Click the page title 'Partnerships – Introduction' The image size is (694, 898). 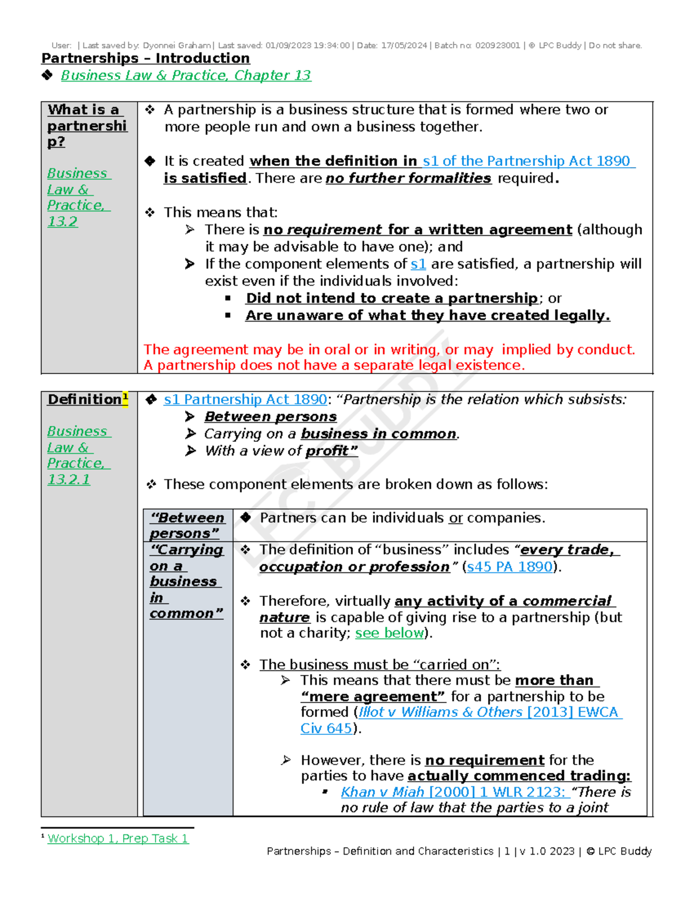145,58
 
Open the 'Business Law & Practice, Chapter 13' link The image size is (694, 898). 186,76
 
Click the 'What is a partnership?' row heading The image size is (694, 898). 87,125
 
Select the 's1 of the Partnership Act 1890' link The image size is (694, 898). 529,161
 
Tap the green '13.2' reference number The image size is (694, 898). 62,221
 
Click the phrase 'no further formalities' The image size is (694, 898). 408,179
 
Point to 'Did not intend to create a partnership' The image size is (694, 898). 392,298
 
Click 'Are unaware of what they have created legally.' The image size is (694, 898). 427,316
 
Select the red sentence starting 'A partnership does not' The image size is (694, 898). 334,365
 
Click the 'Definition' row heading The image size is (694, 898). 84,400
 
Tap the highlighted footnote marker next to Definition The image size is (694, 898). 125,397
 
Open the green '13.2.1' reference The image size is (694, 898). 69,479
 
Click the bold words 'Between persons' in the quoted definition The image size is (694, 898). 271,417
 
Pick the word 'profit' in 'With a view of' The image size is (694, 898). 327,451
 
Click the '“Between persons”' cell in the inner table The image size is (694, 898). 187,526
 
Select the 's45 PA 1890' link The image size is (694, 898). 510,567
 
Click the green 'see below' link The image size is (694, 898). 389,633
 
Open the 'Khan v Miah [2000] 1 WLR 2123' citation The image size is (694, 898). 453,792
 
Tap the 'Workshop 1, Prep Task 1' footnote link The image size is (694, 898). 118,838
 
